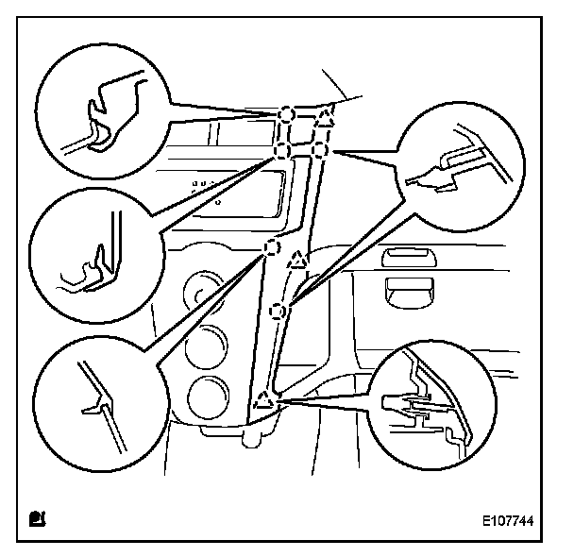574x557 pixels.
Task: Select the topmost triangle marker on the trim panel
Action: (325, 118)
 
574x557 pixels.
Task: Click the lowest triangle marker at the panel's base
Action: (262, 400)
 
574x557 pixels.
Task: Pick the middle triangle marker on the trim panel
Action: (297, 258)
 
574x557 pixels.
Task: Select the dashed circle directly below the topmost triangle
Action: (319, 150)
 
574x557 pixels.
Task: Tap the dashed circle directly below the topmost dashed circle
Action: (281, 150)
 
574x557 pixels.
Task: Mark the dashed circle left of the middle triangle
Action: (270, 248)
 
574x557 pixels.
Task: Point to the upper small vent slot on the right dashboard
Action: (410, 255)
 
